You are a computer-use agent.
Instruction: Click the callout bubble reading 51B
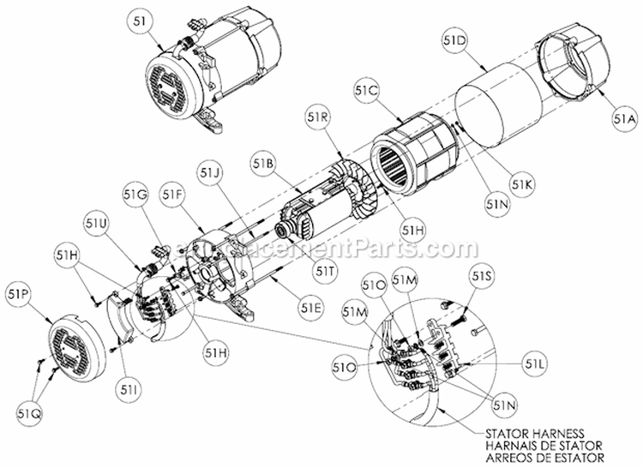(x=263, y=162)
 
